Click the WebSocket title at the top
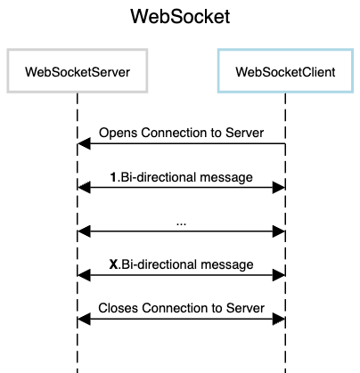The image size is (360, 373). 180,17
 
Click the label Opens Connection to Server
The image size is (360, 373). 181,133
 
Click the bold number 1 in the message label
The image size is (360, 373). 113,177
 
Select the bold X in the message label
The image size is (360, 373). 113,264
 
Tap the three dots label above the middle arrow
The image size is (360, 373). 181,224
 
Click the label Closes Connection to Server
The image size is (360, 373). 181,308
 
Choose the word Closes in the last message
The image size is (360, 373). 119,308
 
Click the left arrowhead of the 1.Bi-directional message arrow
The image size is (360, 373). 84,187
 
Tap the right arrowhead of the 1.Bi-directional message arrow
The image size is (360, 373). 279,187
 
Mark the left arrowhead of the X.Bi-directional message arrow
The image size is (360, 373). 84,275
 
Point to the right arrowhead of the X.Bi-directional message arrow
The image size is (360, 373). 279,275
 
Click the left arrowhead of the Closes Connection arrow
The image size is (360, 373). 84,319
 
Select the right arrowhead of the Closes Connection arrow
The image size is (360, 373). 279,319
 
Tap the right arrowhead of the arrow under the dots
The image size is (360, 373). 279,231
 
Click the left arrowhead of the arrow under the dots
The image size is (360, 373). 84,231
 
